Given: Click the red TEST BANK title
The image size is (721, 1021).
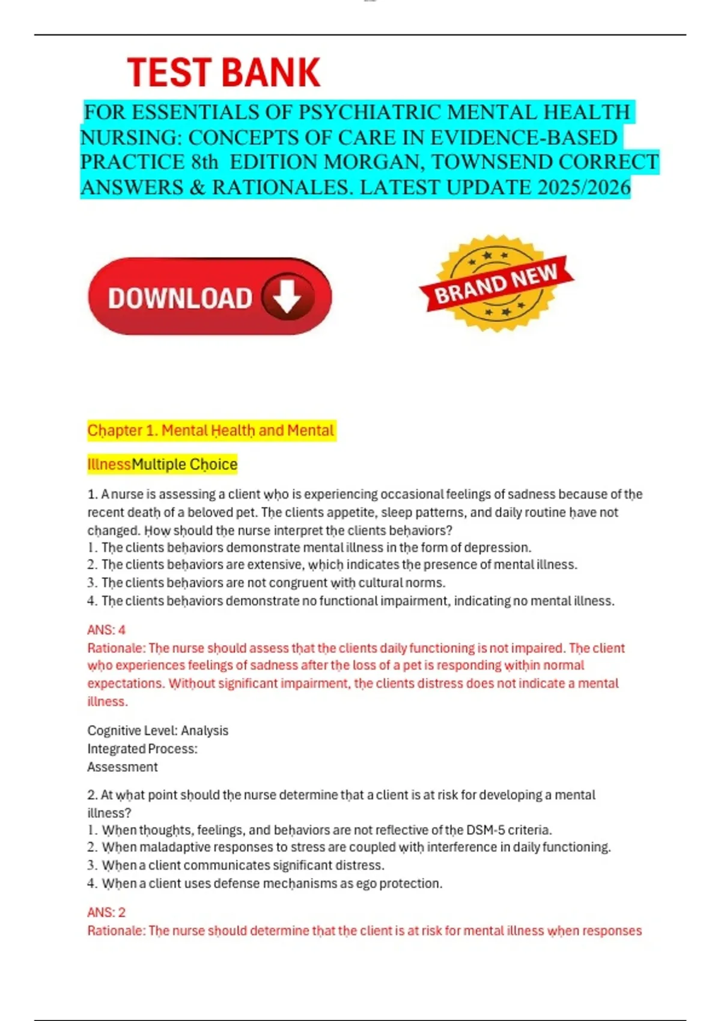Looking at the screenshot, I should click(224, 73).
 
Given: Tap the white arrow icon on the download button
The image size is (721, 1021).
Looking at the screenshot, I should click(287, 296).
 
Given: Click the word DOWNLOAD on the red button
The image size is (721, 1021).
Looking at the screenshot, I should click(180, 298).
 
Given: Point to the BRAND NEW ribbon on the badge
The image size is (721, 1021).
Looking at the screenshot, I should click(496, 284).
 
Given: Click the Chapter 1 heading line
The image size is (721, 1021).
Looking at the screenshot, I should click(210, 431).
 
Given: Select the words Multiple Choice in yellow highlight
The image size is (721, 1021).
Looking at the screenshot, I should click(184, 464).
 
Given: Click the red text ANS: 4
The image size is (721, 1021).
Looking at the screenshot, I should click(106, 630).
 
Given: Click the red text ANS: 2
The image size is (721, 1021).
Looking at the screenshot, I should click(106, 912).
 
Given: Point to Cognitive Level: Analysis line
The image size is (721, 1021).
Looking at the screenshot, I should click(157, 731).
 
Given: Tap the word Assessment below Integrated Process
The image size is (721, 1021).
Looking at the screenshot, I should click(123, 767).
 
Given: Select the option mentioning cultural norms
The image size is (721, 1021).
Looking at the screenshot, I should click(273, 583).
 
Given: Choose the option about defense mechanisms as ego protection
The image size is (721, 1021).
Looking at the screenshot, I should click(272, 883).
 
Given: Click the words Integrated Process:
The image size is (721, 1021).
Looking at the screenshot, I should click(142, 749).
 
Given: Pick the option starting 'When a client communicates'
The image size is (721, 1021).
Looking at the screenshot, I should click(243, 865).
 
